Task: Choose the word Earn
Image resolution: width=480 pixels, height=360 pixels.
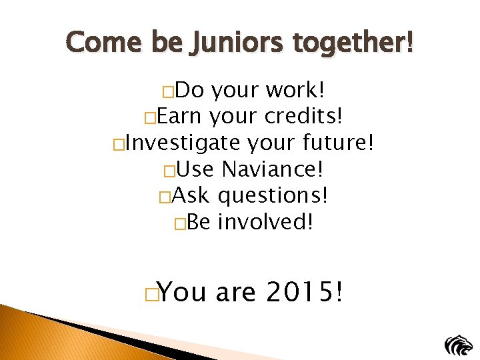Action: coord(179,117)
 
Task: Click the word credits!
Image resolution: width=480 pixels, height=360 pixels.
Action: coord(304,117)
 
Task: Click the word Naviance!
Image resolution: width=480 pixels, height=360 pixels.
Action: coord(273,169)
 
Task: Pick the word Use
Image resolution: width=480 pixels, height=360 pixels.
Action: coord(195,169)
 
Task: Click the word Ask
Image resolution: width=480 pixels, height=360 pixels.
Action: coord(191,195)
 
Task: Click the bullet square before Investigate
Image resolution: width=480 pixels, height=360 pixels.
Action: coord(118,145)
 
